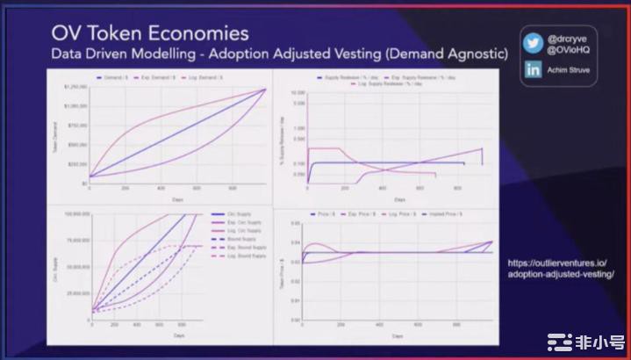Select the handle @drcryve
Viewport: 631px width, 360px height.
click(565, 39)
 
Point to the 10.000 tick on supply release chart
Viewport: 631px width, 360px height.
click(295, 92)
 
